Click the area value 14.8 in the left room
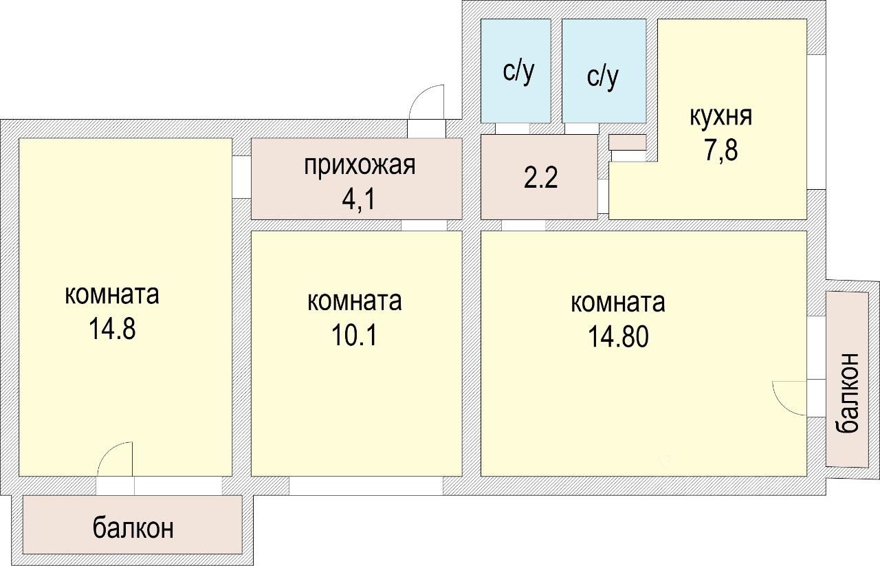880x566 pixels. tap(112, 329)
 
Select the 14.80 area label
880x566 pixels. tap(618, 336)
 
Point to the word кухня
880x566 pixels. tap(720, 116)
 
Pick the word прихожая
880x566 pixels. tap(360, 166)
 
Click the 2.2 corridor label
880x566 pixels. tap(540, 179)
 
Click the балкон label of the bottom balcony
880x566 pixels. tap(133, 528)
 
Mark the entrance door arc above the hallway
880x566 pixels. tap(428, 103)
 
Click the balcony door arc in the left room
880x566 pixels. tap(115, 459)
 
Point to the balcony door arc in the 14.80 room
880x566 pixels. tap(790, 398)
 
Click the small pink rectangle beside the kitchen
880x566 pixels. tap(628, 142)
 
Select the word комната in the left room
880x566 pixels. tap(112, 295)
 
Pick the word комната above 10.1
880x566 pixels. tap(355, 301)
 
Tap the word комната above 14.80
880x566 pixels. tap(618, 303)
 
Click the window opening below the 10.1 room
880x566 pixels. tap(366, 486)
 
